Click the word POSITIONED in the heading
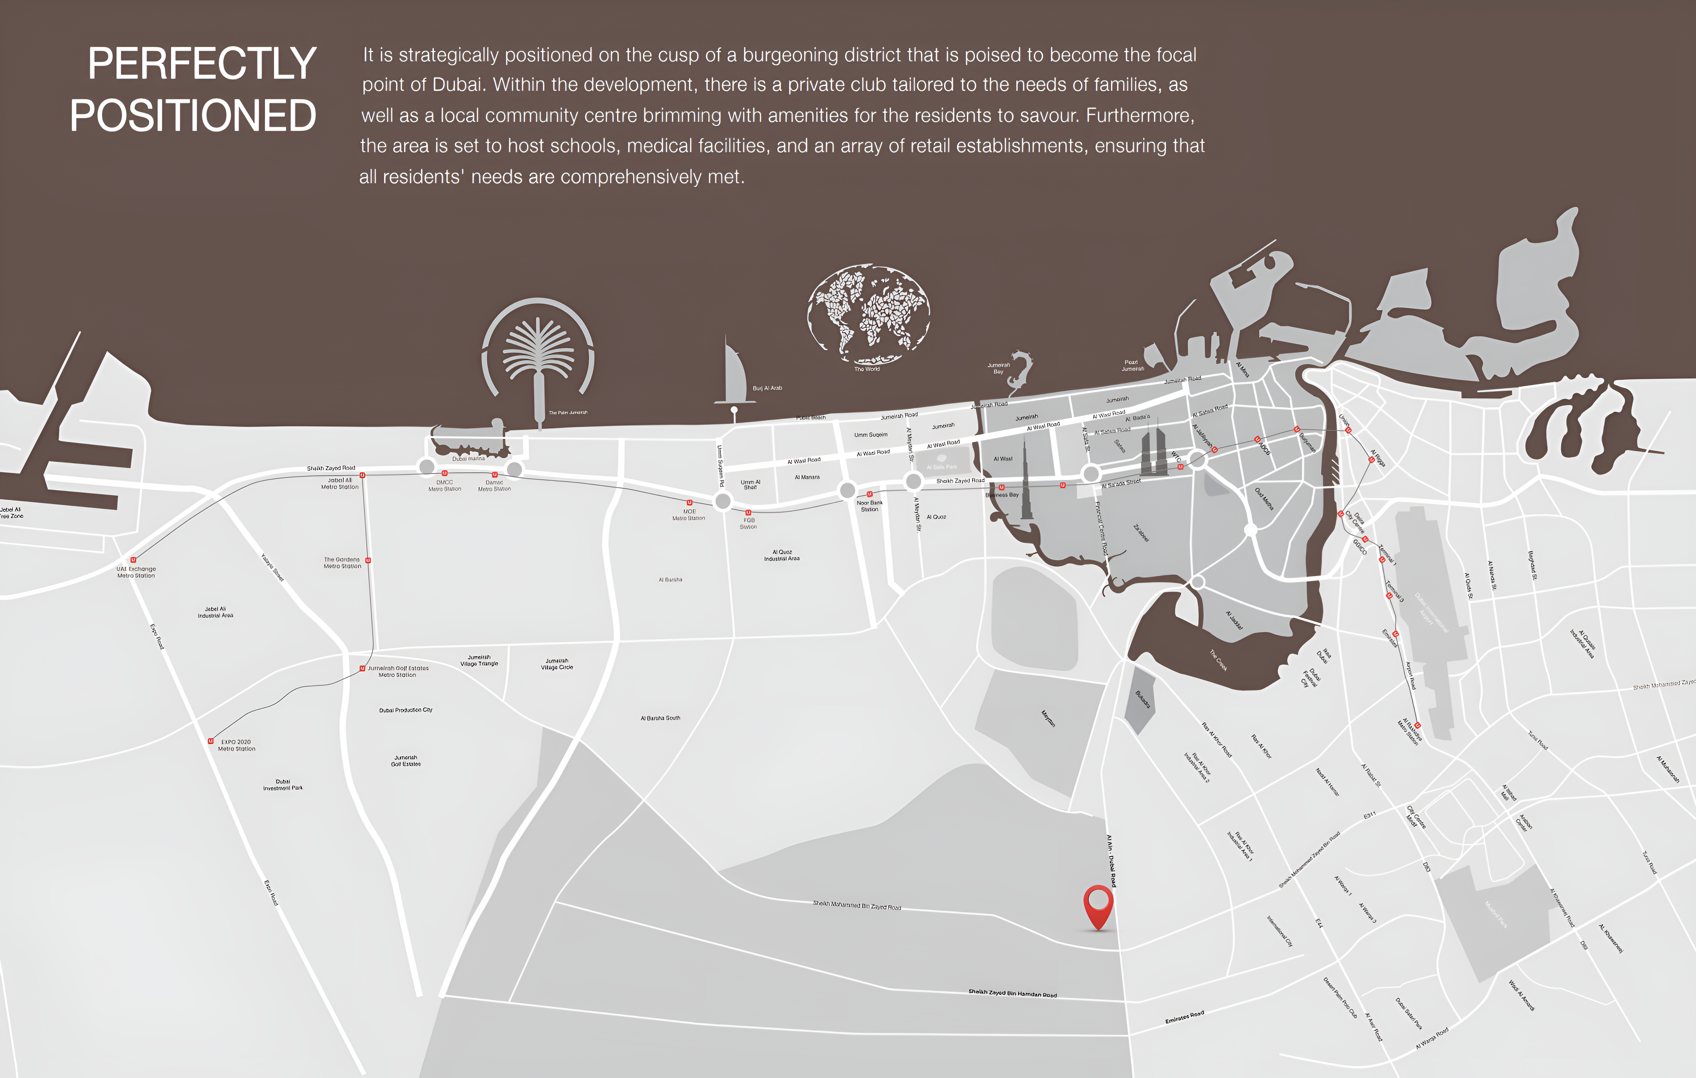[193, 116]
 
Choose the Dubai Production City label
[406, 710]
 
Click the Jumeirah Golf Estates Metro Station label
[398, 671]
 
